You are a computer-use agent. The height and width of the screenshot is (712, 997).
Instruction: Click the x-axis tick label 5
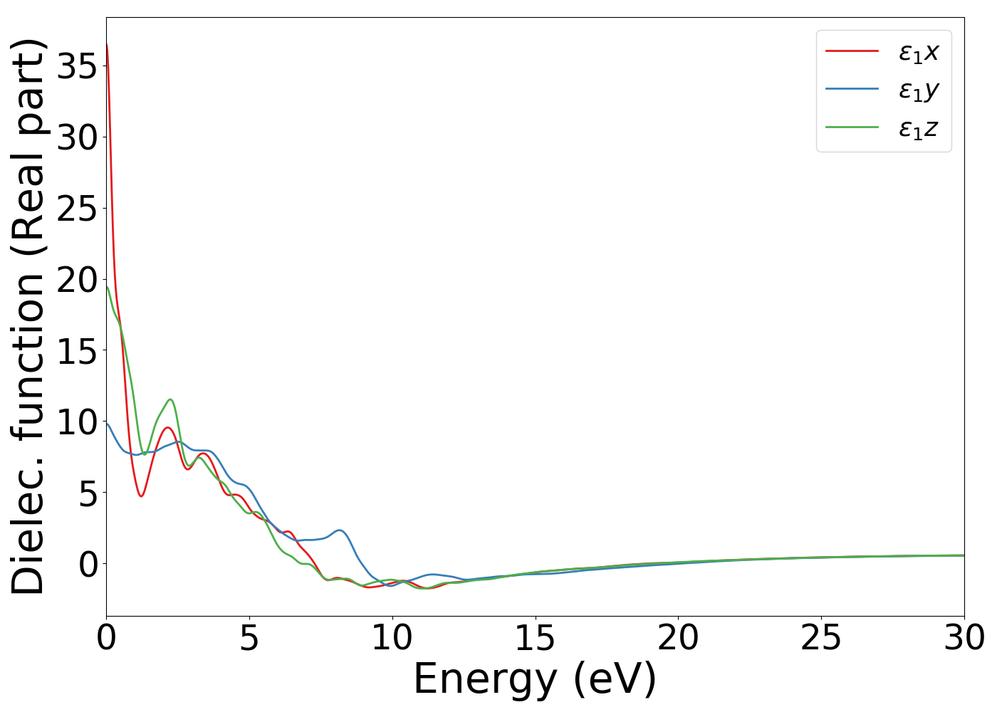pyautogui.click(x=249, y=638)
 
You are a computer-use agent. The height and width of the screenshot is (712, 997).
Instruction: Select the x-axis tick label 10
pyautogui.click(x=392, y=638)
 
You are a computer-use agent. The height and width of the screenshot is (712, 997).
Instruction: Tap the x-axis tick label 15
pyautogui.click(x=535, y=638)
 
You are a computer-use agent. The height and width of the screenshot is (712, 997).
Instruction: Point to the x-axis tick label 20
pyautogui.click(x=678, y=638)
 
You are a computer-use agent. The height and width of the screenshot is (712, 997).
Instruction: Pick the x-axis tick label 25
pyautogui.click(x=821, y=638)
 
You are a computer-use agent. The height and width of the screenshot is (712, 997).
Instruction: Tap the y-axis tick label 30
pyautogui.click(x=76, y=137)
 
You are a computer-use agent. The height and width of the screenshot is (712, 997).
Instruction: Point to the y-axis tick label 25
pyautogui.click(x=76, y=209)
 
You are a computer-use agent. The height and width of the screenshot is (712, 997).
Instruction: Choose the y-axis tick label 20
pyautogui.click(x=76, y=280)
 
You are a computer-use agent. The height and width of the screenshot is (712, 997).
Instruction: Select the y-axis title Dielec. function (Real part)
pyautogui.click(x=28, y=317)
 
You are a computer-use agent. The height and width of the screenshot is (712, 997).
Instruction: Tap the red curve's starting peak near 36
pyautogui.click(x=107, y=45)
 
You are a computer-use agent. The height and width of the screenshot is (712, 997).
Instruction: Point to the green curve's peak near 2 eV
pyautogui.click(x=170, y=399)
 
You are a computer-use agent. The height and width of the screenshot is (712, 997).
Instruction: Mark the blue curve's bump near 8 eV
pyautogui.click(x=340, y=530)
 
